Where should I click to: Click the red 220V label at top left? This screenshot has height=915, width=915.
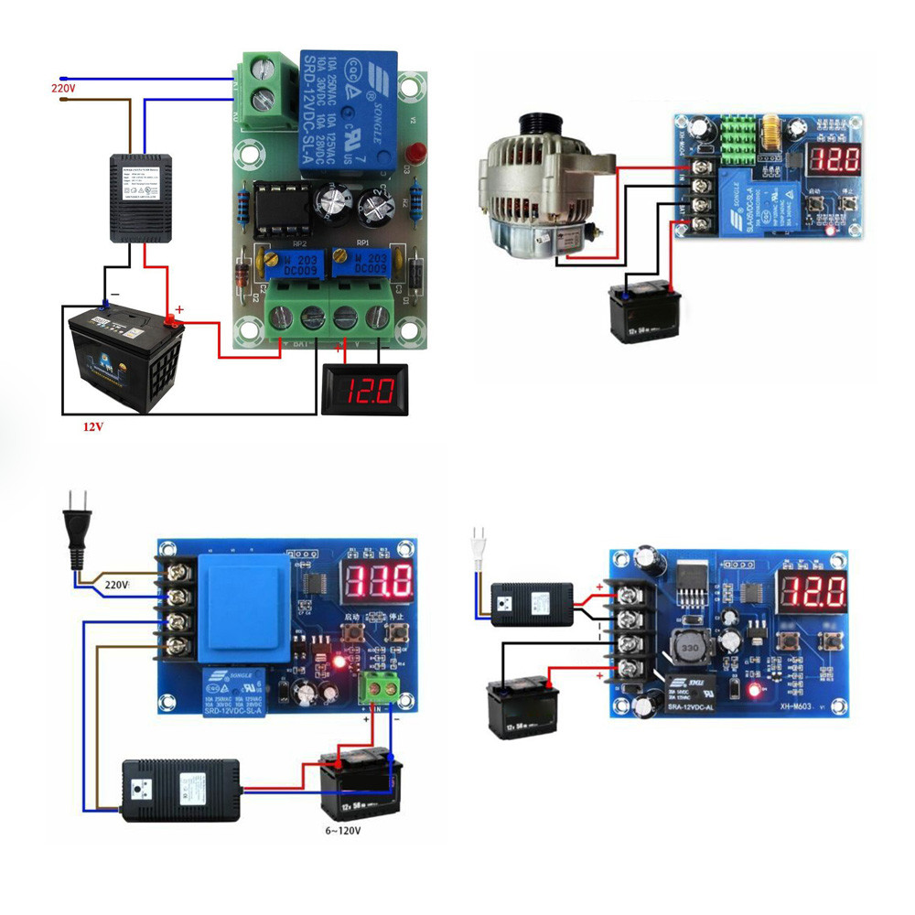coord(61,88)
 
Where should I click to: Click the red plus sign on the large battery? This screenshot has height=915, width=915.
coord(179,310)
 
